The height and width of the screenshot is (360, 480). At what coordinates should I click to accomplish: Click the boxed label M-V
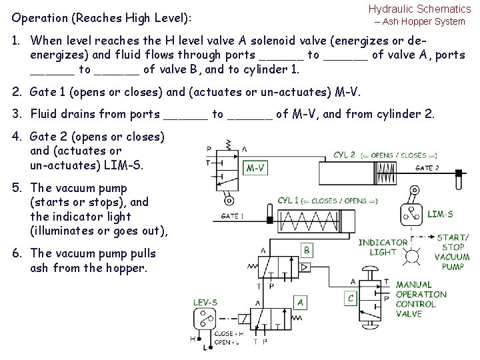(257, 168)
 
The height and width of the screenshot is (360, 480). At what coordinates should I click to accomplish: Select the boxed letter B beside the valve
(307, 250)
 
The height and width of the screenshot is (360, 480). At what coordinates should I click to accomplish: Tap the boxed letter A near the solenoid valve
(301, 303)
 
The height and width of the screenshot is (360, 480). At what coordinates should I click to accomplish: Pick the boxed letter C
(350, 297)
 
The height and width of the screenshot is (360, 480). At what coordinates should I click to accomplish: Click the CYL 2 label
(345, 155)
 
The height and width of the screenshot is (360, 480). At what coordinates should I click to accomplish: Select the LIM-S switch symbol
(409, 214)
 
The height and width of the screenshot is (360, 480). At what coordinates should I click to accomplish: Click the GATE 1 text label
(233, 216)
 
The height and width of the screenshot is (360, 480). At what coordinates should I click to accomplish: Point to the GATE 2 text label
(427, 168)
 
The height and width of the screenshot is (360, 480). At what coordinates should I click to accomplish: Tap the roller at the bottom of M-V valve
(229, 199)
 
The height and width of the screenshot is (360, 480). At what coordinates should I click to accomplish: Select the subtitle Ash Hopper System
(423, 21)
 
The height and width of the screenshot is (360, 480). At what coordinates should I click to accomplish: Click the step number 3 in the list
(16, 114)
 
